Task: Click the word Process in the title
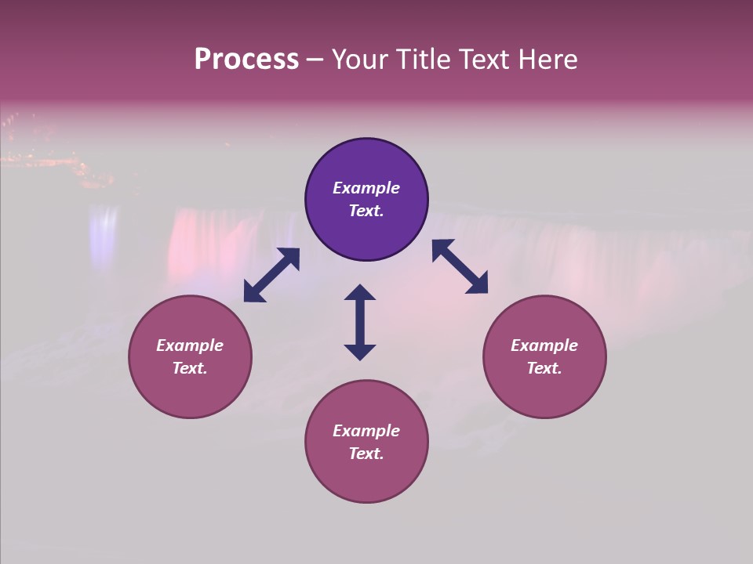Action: [x=246, y=60]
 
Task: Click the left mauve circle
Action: [x=190, y=356]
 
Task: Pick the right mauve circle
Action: [x=544, y=356]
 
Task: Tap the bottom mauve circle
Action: [x=366, y=442]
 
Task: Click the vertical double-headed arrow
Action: [x=360, y=322]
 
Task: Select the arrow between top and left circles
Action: [x=271, y=275]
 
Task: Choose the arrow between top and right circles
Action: [x=460, y=266]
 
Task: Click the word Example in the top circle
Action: [x=366, y=188]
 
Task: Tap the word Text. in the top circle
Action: [x=366, y=211]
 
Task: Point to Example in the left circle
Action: [x=190, y=345]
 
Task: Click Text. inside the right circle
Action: [x=544, y=368]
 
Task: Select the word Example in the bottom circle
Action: [x=366, y=431]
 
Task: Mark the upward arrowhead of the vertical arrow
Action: [x=360, y=293]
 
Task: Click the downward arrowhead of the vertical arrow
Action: [x=360, y=352]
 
